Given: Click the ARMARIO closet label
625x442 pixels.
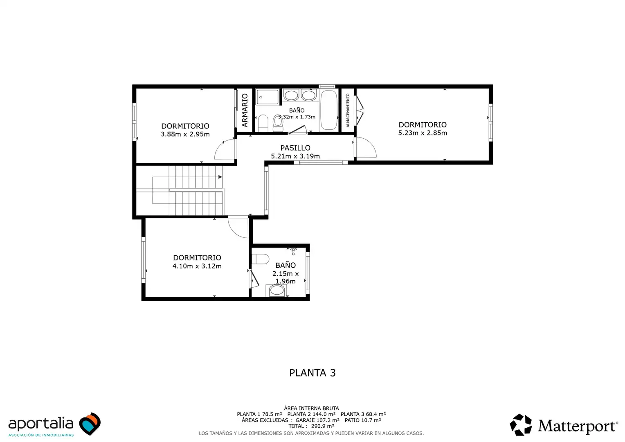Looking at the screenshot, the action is point(245,110).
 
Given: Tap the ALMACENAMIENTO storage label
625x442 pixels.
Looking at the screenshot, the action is point(348,110).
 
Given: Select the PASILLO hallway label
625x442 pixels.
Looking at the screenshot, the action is point(295,148).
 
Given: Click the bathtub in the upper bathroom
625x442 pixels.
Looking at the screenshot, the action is point(329,110).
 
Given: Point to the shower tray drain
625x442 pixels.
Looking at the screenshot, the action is point(261,97).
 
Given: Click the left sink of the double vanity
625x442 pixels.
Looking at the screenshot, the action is point(291,95).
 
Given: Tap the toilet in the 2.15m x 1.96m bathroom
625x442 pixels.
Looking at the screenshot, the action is point(260,259).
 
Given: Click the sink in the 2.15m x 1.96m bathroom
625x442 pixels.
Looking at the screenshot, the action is point(277,291).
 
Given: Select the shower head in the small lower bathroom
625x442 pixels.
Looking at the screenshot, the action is point(293,250).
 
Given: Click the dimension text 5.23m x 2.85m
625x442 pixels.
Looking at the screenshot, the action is point(423,133).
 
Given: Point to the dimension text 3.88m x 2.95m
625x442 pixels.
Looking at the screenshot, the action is point(185,134).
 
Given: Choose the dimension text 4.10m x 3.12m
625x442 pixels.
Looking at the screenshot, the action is point(197,266).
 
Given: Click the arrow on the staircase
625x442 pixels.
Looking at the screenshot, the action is point(220,177).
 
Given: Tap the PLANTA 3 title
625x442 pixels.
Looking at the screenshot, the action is point(312,373).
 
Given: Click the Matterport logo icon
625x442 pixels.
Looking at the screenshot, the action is point(521,425).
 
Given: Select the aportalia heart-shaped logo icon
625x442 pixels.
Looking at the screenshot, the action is point(90,424).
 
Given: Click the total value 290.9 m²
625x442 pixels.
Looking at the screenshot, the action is point(323,426).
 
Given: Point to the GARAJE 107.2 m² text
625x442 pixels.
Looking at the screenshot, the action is point(317,420).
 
